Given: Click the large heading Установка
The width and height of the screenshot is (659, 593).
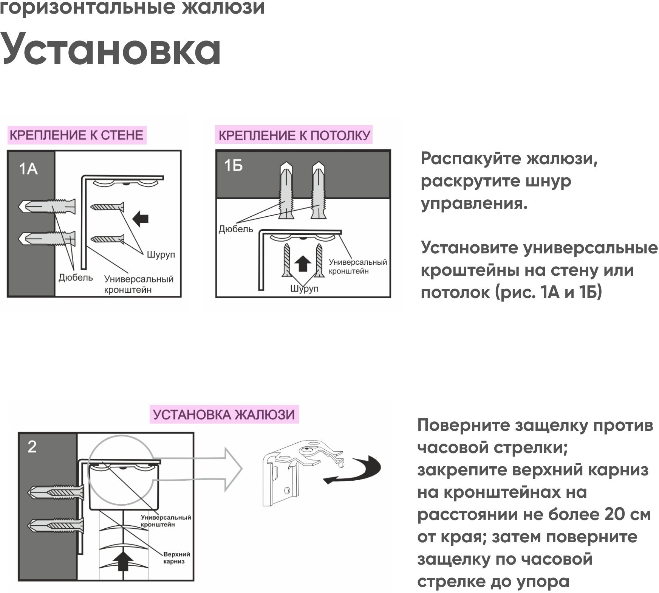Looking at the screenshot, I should click(111, 49).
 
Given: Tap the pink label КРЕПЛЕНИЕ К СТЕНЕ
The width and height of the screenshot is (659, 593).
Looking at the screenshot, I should click(76, 135).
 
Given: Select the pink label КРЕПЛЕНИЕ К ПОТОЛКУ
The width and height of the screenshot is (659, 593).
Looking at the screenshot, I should click(294, 135).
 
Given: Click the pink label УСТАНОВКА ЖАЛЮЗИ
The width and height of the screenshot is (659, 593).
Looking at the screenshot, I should click(224, 415).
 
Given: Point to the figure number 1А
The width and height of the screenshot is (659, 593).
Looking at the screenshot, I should click(28, 169).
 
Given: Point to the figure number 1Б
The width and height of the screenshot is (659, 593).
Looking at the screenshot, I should click(233, 166).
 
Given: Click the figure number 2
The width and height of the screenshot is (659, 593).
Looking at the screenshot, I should click(32, 447).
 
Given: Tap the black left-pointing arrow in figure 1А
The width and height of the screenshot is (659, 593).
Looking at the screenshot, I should click(141, 219).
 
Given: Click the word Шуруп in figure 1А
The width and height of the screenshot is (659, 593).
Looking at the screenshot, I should click(161, 255).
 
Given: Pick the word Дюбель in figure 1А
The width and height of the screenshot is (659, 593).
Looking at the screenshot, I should click(76, 278).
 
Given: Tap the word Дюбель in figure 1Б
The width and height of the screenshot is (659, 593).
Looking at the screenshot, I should click(235, 229).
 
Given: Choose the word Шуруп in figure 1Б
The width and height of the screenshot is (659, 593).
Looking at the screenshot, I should click(304, 289).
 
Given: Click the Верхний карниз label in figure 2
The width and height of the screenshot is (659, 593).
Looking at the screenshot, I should click(176, 558).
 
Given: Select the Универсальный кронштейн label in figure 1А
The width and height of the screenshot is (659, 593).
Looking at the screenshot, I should click(139, 284).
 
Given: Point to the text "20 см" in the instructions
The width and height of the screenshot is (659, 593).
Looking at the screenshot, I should click(627, 515).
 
